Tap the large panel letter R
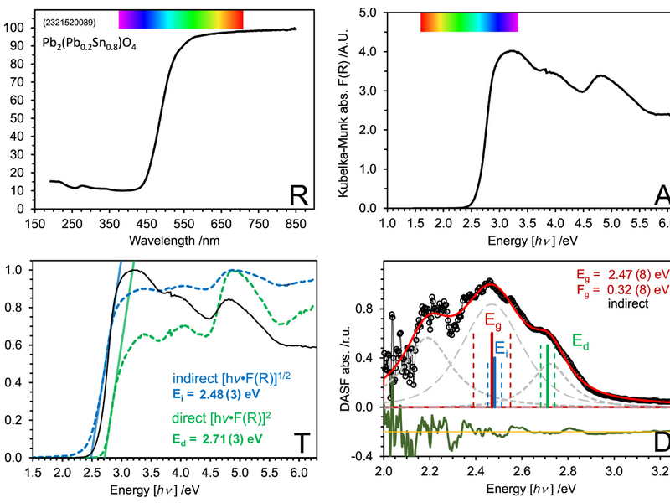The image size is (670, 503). pos(300,195)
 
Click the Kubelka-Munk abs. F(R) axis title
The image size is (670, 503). pos(343,109)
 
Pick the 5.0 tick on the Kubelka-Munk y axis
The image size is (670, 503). pos(366,13)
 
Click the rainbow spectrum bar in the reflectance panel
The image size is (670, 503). pos(181,18)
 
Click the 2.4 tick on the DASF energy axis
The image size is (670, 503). pos(476,472)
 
